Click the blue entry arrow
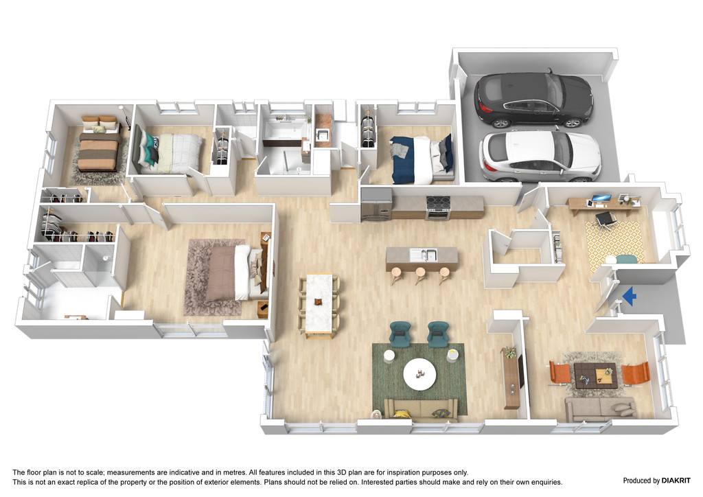(630, 296)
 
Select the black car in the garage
(533, 100)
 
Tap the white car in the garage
(540, 155)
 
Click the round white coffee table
(419, 373)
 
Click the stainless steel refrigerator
(376, 205)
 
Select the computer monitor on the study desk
(600, 198)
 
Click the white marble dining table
(319, 304)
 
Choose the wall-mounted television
(520, 372)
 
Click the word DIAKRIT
(676, 481)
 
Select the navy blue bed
(421, 159)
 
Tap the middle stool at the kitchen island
(421, 275)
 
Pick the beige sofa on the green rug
(420, 409)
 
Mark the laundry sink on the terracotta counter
(321, 134)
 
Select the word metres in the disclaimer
(233, 472)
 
